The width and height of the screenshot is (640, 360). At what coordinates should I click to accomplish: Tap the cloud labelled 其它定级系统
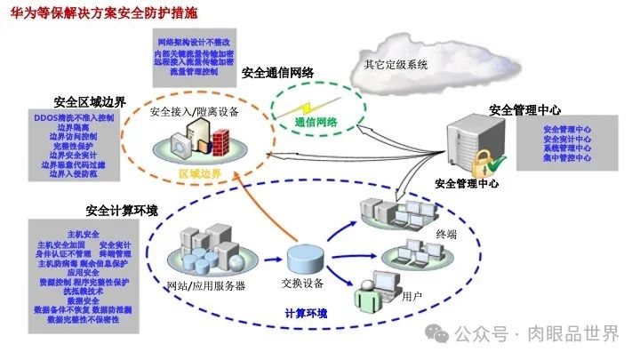pos(396,59)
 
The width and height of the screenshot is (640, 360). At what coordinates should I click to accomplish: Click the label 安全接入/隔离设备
pos(193,113)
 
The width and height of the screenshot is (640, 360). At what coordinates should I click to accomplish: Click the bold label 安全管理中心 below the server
pos(467,184)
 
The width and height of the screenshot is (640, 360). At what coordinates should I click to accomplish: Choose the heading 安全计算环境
pos(122,211)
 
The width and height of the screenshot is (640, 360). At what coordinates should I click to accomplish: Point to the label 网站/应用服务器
pos(206,285)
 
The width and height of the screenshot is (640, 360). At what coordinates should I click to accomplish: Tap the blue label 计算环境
pos(306,313)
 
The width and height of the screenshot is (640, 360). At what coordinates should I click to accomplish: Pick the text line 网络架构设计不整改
pos(194,43)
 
